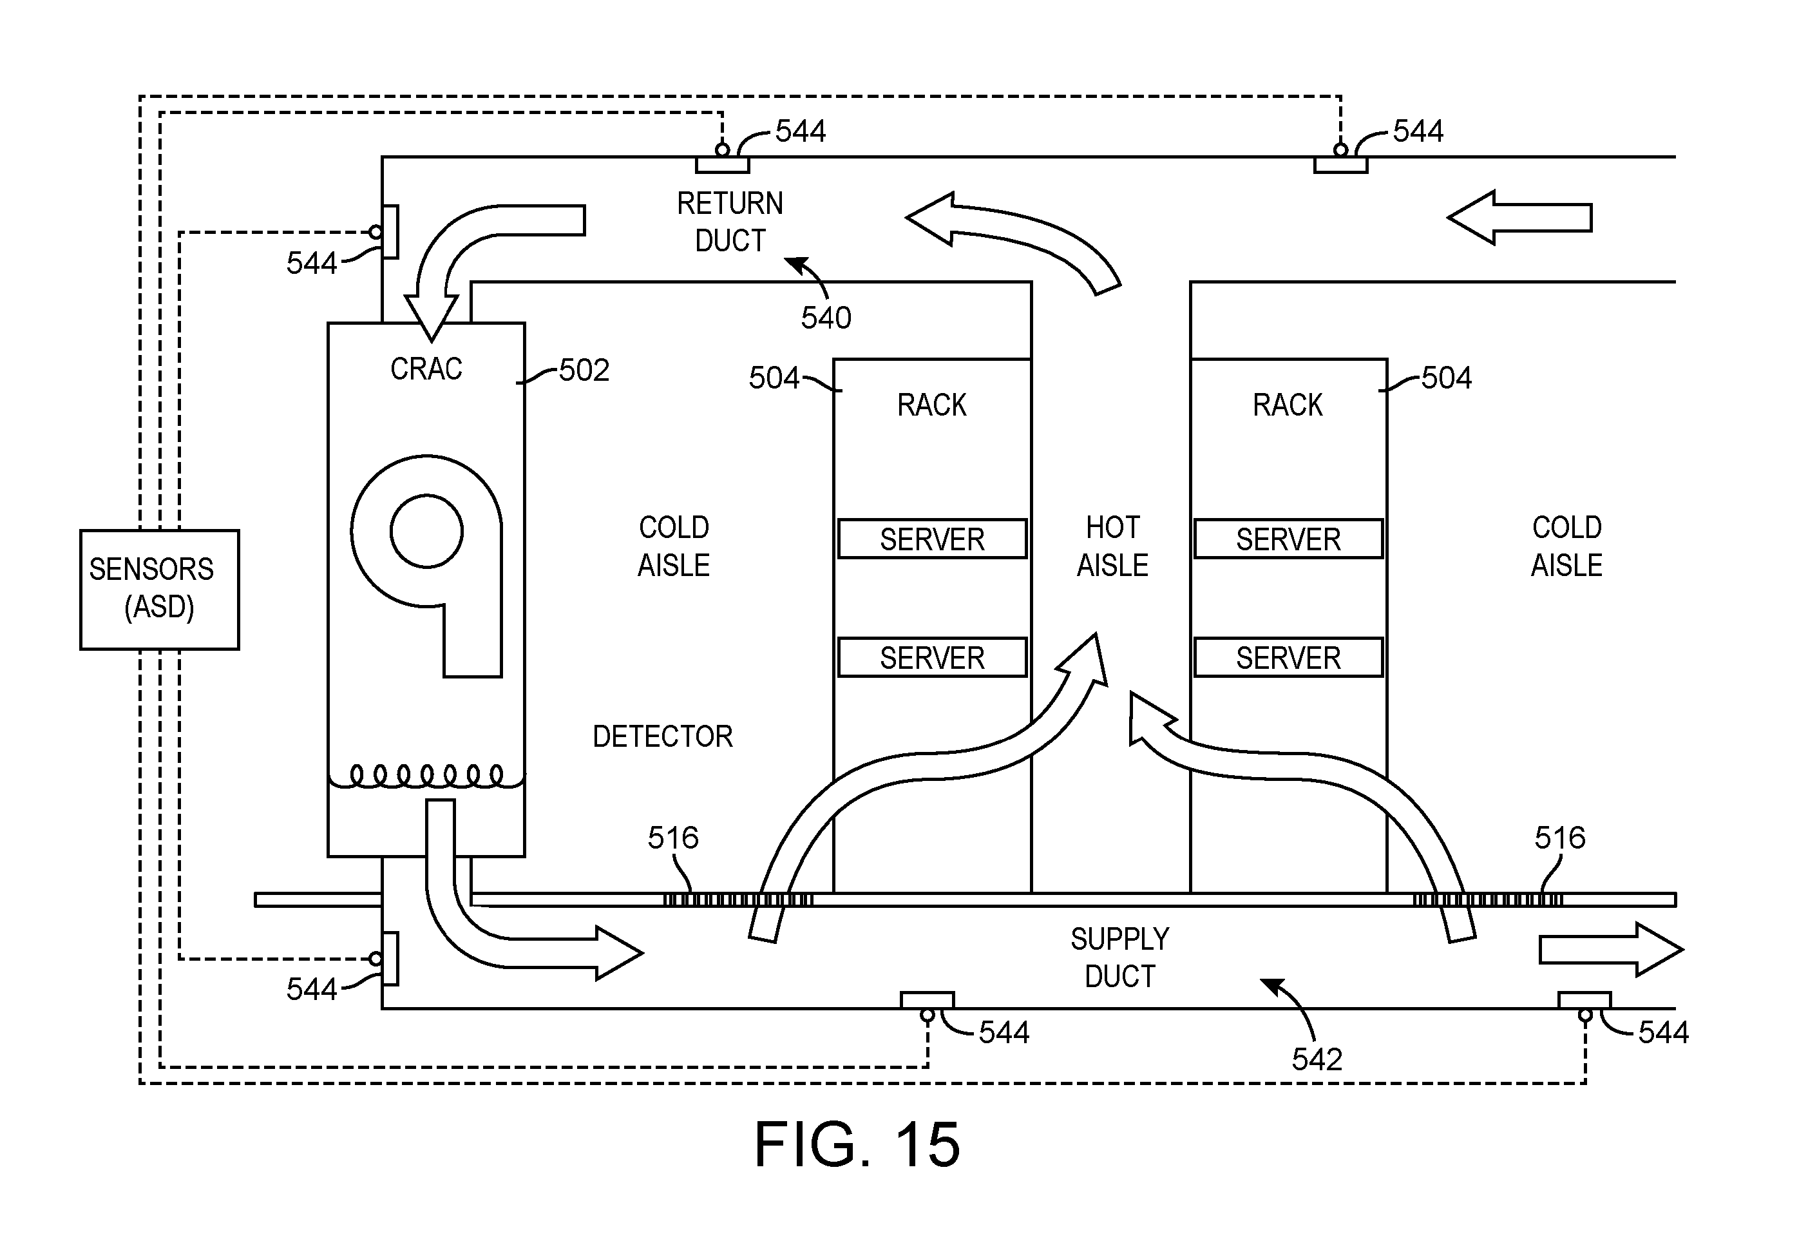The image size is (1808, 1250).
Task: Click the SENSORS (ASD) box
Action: pos(160,589)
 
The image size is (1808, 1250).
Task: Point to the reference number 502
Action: pos(584,370)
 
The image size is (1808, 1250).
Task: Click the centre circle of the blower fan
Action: pos(427,531)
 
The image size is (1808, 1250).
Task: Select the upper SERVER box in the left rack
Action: pos(932,539)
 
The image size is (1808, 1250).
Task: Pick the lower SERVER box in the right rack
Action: pos(1288,657)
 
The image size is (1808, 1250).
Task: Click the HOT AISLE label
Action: pos(1112,546)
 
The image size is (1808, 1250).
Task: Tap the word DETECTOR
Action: pos(662,736)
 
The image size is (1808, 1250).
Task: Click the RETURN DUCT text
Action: pos(730,222)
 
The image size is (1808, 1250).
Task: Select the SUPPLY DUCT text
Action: pos(1119,957)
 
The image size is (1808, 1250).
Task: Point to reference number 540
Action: pos(826,317)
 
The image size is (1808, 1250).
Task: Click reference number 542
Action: pos(1317,1059)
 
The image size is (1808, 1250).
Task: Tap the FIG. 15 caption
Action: pos(857,1144)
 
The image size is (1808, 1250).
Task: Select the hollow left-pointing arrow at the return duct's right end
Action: pos(1519,218)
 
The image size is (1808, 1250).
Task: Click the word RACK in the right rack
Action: pos(1288,405)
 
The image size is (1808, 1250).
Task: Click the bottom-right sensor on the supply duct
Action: pos(1584,1003)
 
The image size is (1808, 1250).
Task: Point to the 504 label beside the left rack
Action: pos(774,378)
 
